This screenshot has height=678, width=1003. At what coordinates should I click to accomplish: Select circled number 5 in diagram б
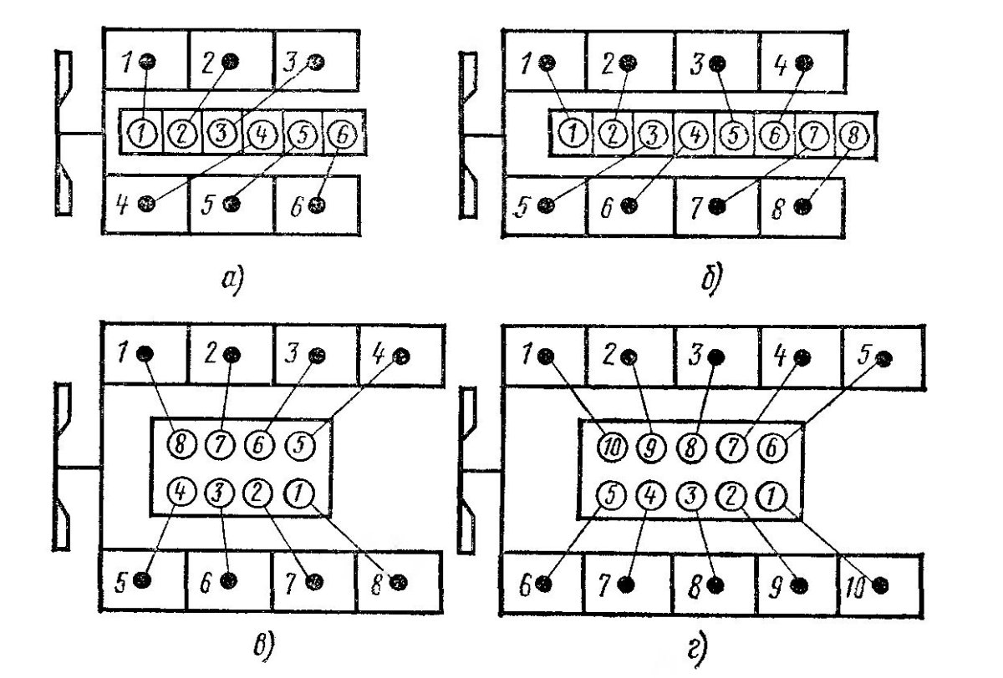click(x=733, y=134)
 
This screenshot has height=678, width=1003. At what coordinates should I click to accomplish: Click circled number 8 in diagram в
click(x=179, y=443)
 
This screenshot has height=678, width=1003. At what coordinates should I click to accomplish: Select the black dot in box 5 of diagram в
click(x=143, y=579)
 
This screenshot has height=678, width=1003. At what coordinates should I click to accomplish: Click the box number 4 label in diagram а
click(x=122, y=203)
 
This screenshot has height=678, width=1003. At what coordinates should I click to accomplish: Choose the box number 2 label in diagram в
click(x=208, y=355)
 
